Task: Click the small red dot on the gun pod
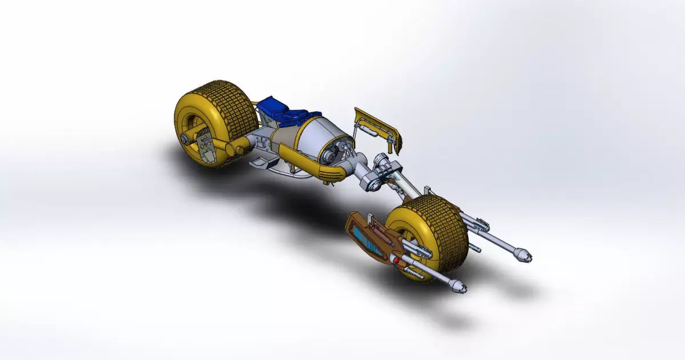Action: [394, 260]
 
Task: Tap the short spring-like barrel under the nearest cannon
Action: [414, 275]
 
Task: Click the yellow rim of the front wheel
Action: [400, 228]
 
